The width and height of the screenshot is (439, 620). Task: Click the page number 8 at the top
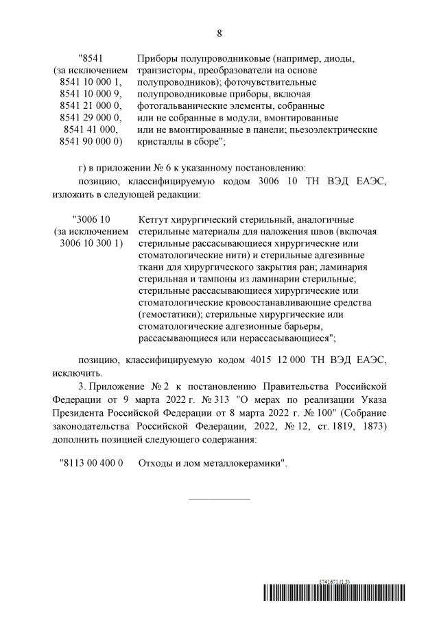click(219, 33)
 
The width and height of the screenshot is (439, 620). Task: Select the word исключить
click(77, 373)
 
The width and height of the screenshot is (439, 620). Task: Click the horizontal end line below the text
click(219, 498)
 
